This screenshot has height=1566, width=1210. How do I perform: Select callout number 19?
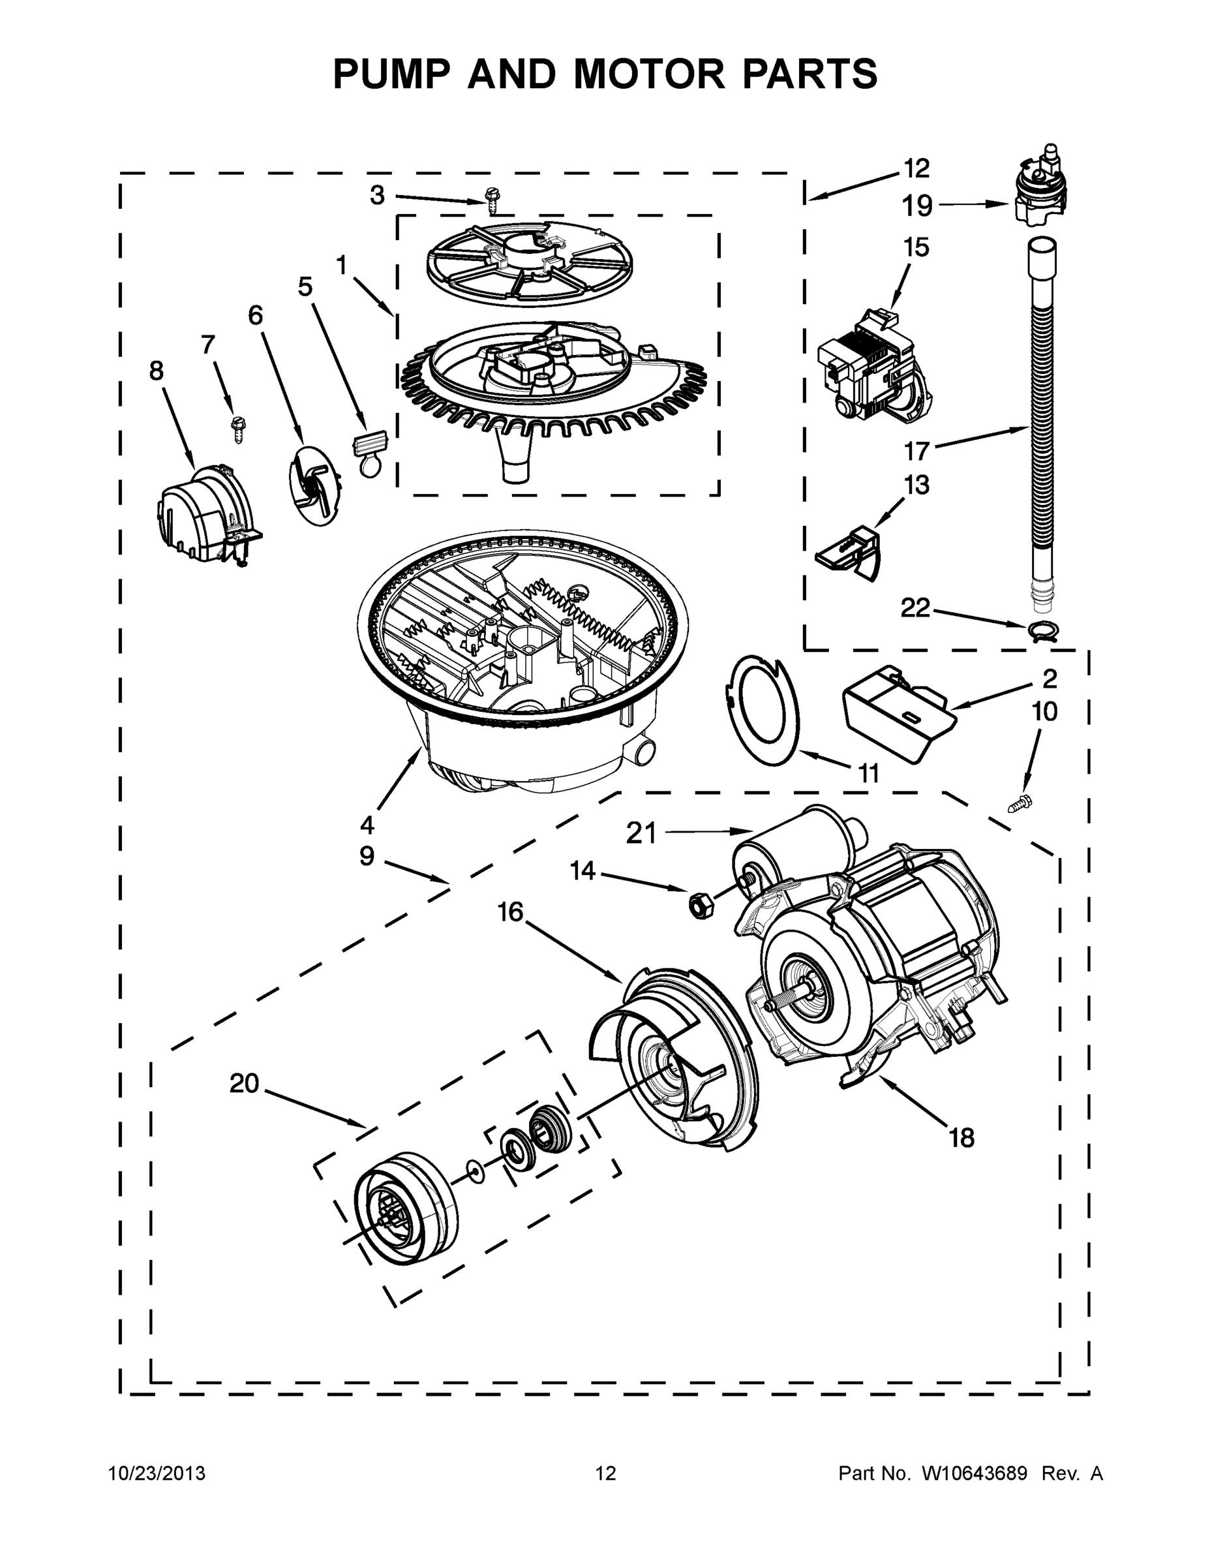917,206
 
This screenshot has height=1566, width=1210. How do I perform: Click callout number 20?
244,1082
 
